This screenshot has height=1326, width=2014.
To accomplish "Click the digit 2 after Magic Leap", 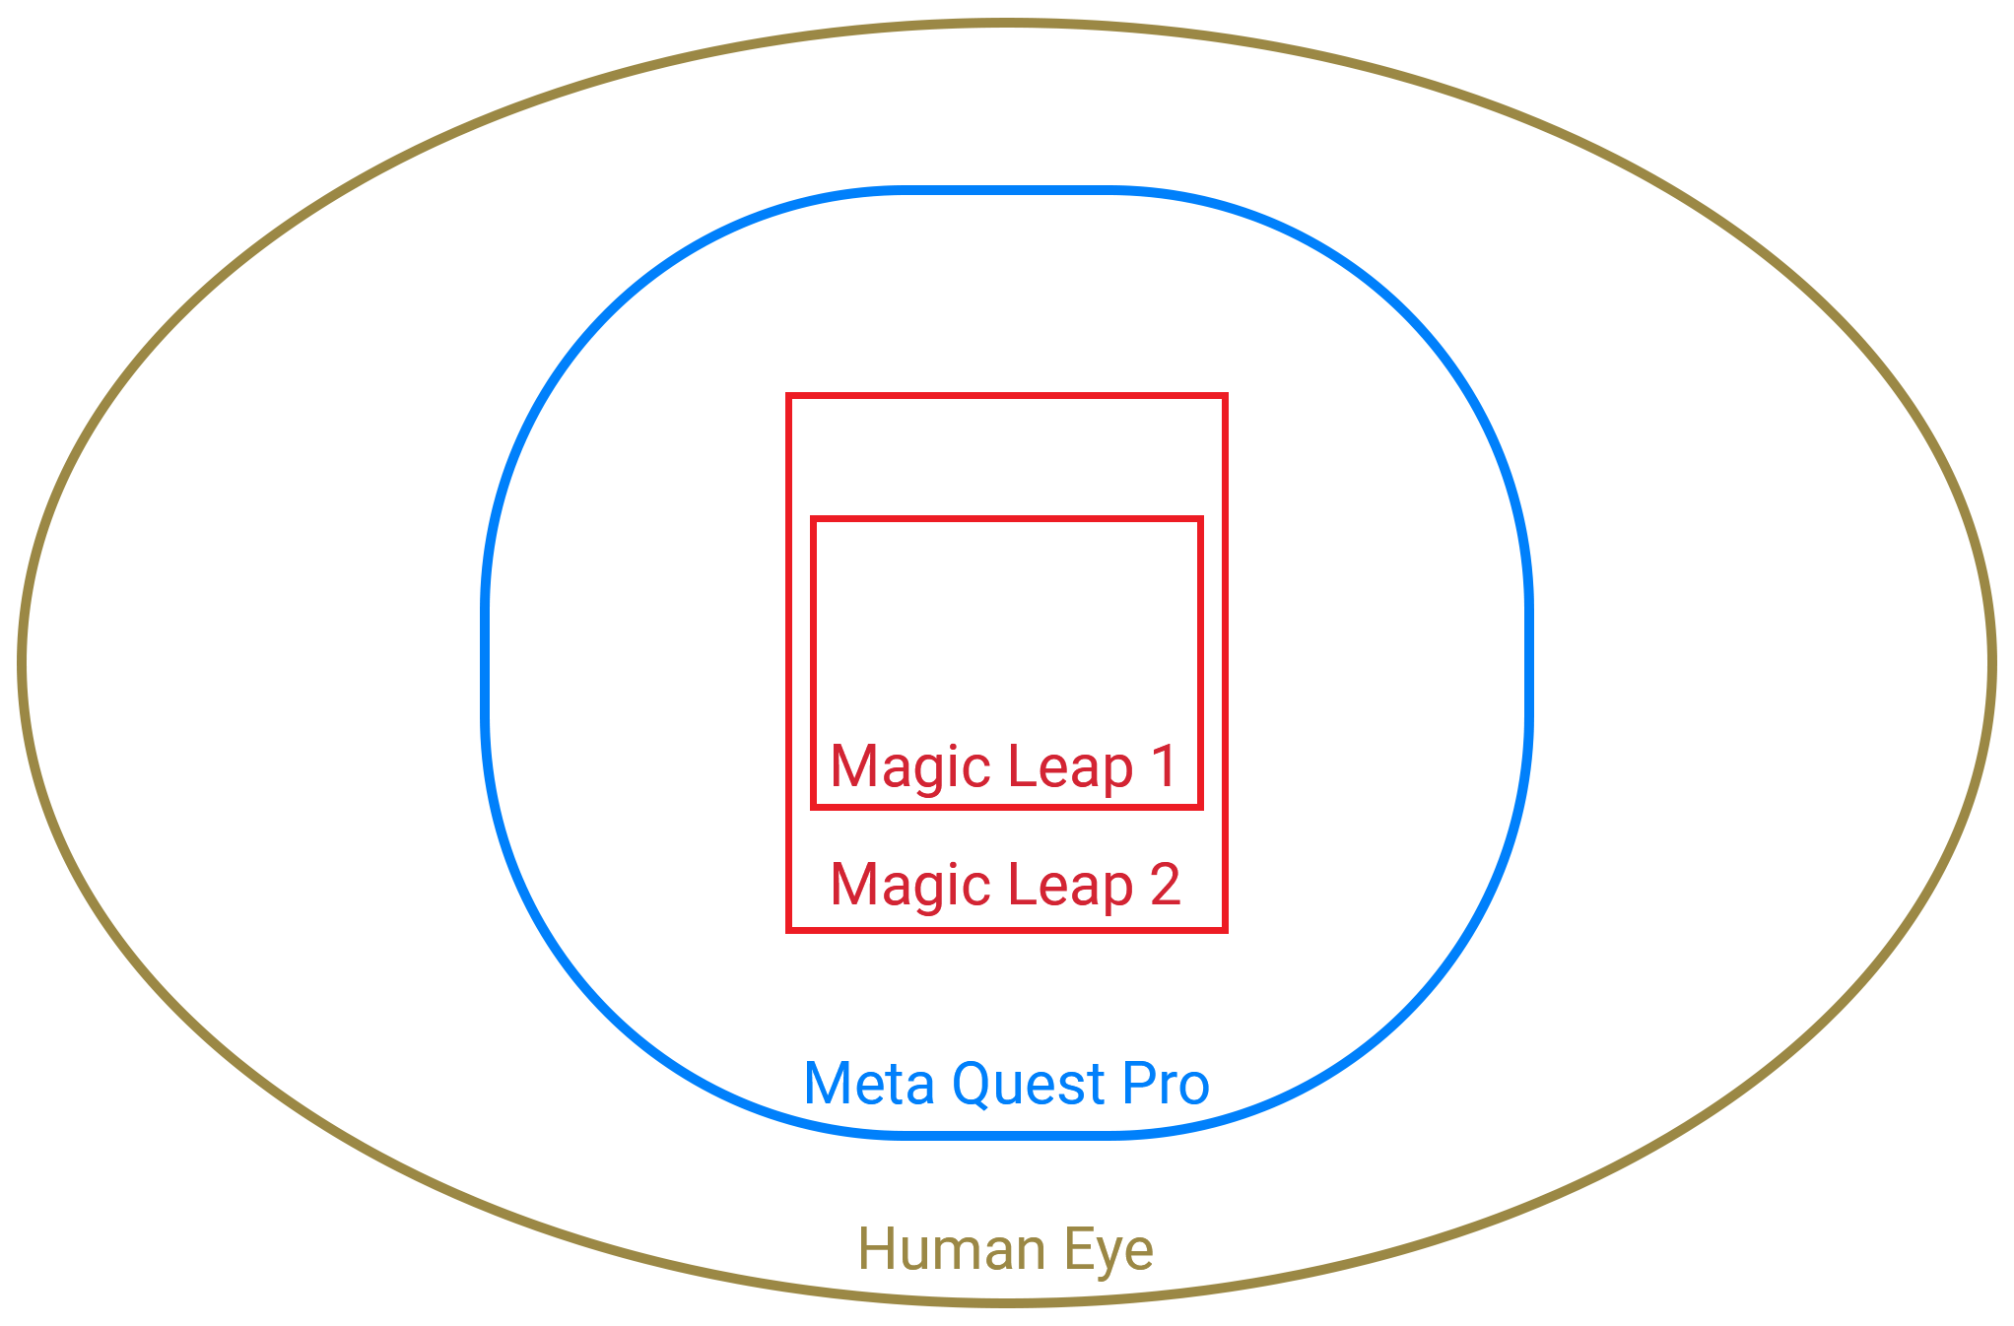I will [x=1165, y=884].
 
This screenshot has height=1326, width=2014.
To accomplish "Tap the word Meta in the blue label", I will [x=869, y=1084].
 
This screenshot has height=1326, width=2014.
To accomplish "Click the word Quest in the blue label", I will [x=1028, y=1085].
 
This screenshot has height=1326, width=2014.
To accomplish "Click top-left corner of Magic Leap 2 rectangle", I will [x=788, y=396].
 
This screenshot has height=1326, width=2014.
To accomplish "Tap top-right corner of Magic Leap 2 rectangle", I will [x=1225, y=396].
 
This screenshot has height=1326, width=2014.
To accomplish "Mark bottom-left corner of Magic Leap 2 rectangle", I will [x=788, y=929].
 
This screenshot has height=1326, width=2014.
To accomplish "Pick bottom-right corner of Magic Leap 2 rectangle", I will [x=1225, y=929].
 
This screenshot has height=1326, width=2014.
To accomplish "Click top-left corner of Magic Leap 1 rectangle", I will [x=813, y=519].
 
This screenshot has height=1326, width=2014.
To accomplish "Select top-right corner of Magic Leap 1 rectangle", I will [x=1200, y=519].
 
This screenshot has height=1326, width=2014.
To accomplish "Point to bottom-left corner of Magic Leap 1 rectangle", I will [x=813, y=807].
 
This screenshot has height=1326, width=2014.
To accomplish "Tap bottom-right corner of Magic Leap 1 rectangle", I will [x=1200, y=807].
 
